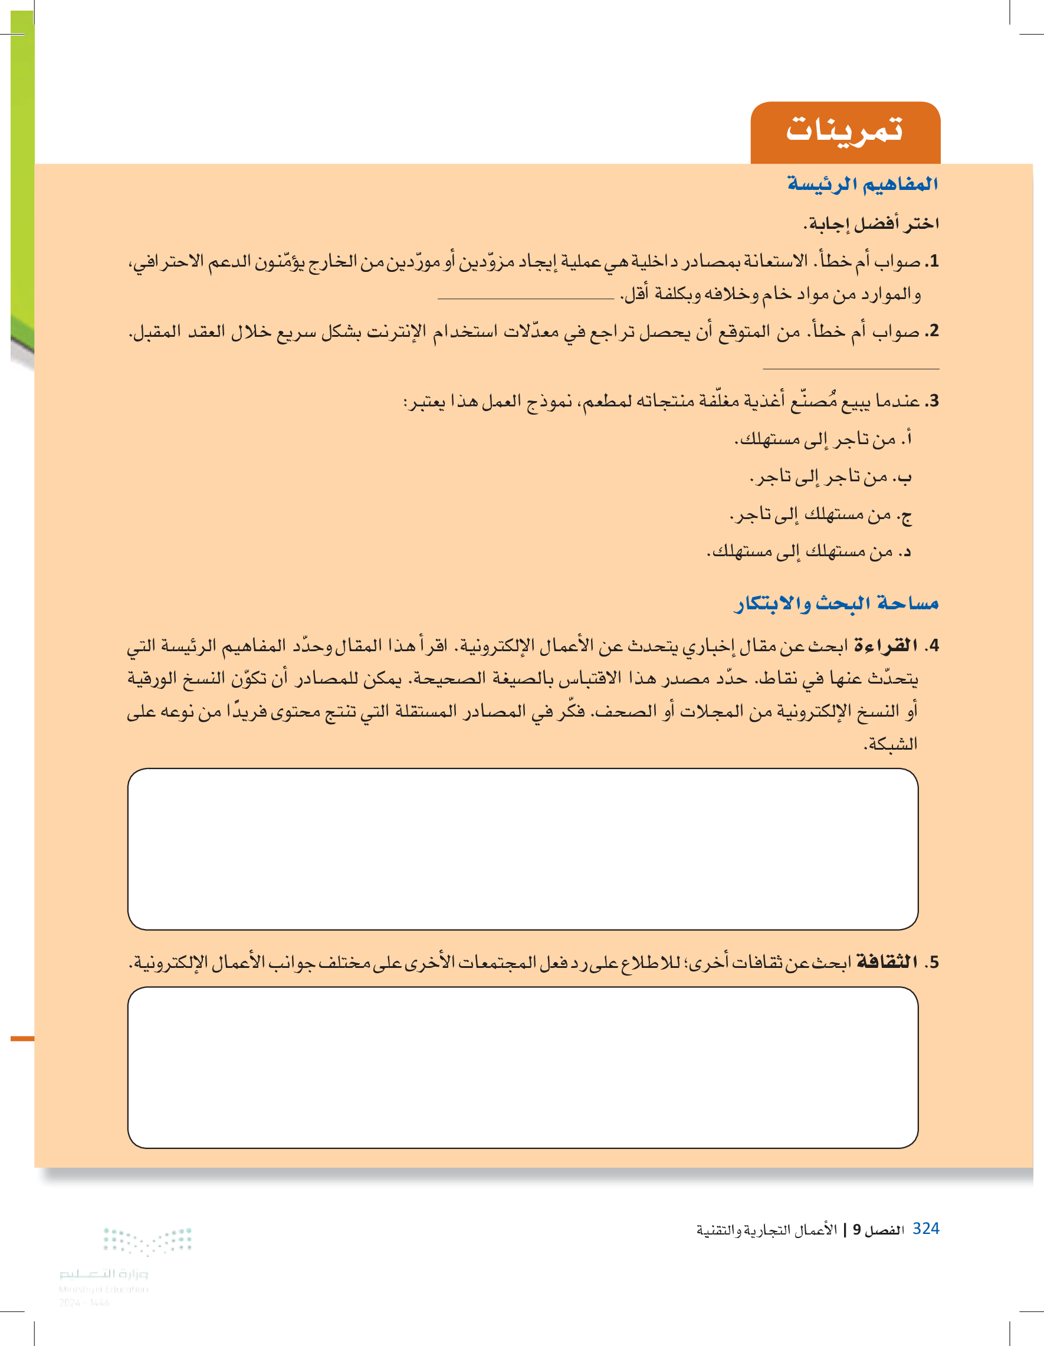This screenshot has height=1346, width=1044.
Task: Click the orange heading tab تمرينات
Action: click(x=844, y=131)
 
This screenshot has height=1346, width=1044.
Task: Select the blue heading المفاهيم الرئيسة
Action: click(x=862, y=183)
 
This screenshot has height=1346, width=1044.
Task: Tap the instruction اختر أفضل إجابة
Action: click(x=871, y=223)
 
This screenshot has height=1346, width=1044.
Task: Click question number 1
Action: click(x=934, y=261)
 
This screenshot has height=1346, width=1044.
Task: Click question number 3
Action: click(x=934, y=401)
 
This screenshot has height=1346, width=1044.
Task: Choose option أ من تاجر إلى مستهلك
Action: click(x=822, y=439)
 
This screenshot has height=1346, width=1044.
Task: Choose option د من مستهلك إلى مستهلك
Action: click(x=808, y=551)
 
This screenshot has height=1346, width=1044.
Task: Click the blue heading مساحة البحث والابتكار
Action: click(x=836, y=603)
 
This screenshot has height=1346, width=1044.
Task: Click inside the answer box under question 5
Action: click(x=523, y=1067)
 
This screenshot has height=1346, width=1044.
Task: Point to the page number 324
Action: click(x=925, y=1229)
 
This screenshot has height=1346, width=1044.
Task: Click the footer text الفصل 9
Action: click(x=878, y=1230)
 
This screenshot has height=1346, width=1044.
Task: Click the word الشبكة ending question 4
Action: click(x=891, y=744)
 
